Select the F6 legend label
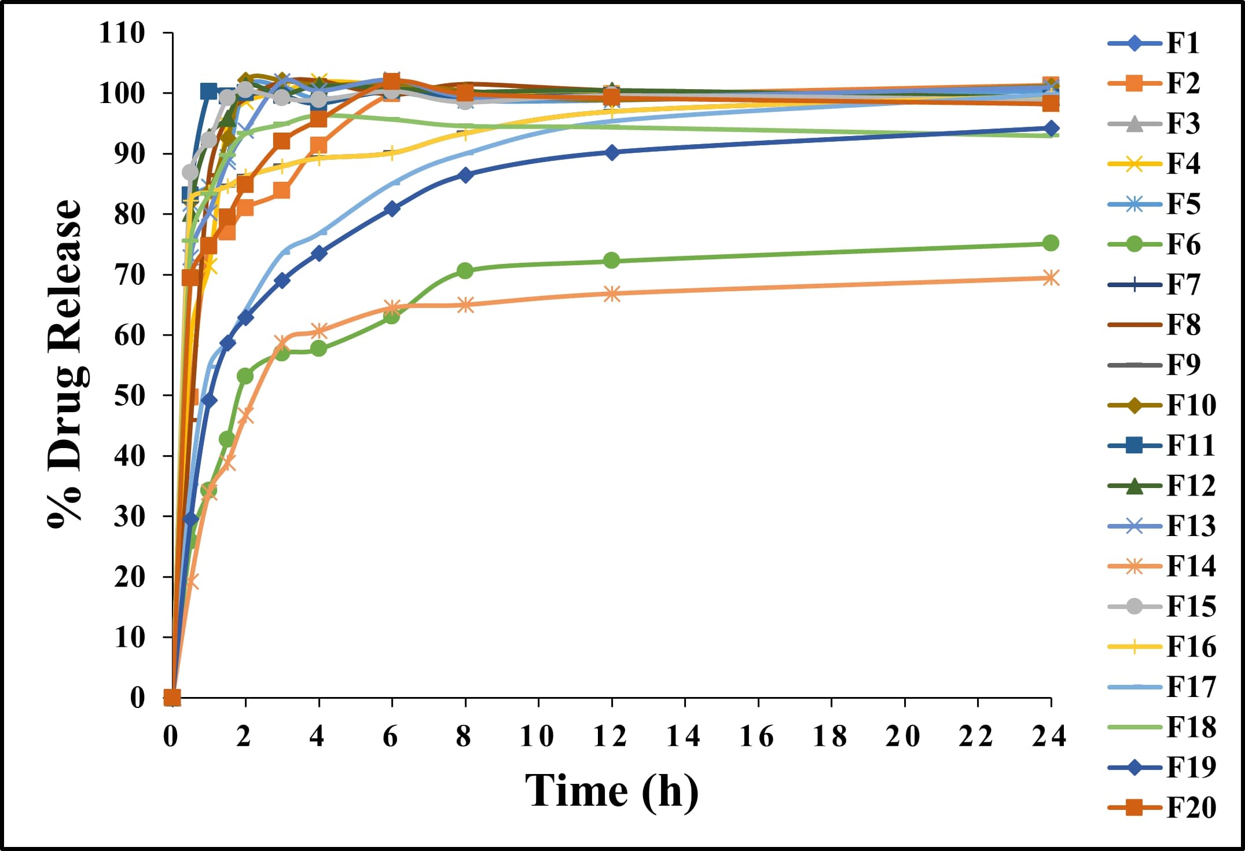[1183, 244]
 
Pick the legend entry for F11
[1190, 445]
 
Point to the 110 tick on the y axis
[122, 33]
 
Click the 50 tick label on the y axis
[130, 396]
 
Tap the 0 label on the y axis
[138, 698]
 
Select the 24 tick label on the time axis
[1049, 737]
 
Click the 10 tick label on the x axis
[537, 737]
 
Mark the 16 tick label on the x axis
[757, 737]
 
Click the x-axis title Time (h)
[611, 790]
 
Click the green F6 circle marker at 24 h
[1051, 243]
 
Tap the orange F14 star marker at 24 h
[1051, 278]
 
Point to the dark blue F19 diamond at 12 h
[612, 152]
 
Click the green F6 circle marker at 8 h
[465, 270]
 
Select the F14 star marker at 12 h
[612, 294]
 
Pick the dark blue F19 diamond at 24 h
[1051, 129]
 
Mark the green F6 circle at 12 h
[612, 261]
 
